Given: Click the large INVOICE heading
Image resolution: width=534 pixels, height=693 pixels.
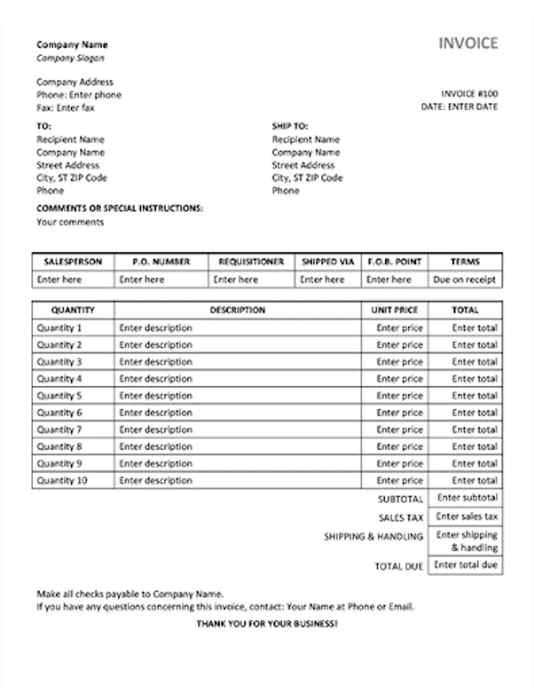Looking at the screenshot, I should tap(468, 44).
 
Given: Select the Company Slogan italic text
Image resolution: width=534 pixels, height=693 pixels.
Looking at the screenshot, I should tap(70, 58).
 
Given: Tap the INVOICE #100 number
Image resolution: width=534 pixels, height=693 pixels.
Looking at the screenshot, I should tap(469, 94).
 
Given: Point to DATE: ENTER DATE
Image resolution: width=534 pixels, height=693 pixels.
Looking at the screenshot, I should tap(459, 107).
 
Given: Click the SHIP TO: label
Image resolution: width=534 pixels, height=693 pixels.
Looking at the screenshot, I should tap(290, 126).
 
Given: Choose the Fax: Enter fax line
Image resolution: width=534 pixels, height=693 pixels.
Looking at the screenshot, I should tap(65, 108).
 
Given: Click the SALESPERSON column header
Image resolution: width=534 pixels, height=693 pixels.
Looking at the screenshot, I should tap(72, 262).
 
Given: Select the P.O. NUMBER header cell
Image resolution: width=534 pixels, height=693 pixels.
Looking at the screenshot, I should tap(161, 262).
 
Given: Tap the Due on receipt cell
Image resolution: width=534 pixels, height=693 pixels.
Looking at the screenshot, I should tap(465, 280).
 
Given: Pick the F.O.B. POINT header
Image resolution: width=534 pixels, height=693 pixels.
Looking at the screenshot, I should tap(395, 262).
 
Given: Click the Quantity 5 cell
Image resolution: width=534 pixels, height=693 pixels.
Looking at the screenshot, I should tap(59, 396).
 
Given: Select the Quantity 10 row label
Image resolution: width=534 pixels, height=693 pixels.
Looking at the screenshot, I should tap(62, 480).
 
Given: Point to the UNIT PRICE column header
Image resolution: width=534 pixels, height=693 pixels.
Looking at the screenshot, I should tap(395, 310).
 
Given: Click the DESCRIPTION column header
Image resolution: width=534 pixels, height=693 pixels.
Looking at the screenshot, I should tap(237, 310).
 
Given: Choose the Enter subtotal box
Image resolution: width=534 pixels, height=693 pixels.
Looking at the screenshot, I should tap(467, 498).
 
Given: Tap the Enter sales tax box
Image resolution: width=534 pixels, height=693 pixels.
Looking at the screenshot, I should tap(467, 517).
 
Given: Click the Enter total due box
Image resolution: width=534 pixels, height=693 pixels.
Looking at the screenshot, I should tap(465, 565).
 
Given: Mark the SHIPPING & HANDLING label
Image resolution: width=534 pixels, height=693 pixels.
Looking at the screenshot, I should tap(374, 537).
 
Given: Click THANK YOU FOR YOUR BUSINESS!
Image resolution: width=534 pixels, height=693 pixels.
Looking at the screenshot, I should tap(267, 623).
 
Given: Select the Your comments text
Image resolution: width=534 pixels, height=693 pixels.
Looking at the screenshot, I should tap(70, 223).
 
